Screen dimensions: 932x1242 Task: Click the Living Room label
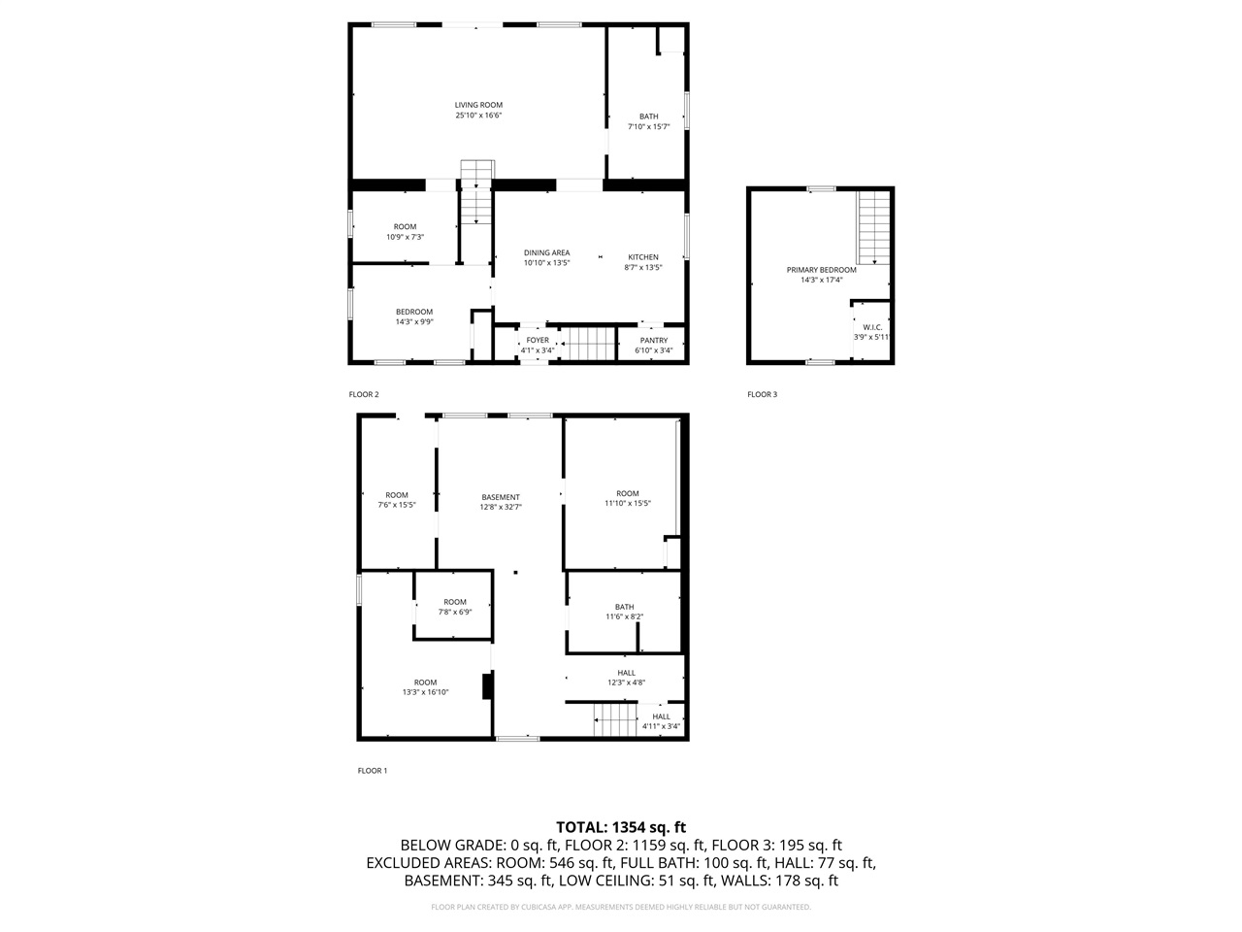[x=478, y=105]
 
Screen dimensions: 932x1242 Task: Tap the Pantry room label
[x=653, y=341]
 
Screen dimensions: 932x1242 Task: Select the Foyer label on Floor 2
[x=537, y=341]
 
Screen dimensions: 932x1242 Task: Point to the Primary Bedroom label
[x=821, y=270]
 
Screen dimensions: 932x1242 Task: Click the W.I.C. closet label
[x=871, y=327]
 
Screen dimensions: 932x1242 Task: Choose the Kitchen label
[x=642, y=257]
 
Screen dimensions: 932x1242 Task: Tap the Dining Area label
[x=546, y=252]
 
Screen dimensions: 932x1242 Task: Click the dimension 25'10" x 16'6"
[x=478, y=116]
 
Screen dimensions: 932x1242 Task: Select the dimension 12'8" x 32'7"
[x=501, y=507]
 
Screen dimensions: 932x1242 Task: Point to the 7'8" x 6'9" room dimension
[x=455, y=613]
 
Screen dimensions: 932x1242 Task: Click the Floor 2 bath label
[x=648, y=116]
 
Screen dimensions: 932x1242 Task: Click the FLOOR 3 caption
[x=762, y=394]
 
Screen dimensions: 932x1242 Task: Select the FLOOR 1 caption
[x=373, y=771]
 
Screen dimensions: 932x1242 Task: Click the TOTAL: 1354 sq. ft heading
[x=620, y=827]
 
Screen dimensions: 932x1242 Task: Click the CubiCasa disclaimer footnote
[x=620, y=907]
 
